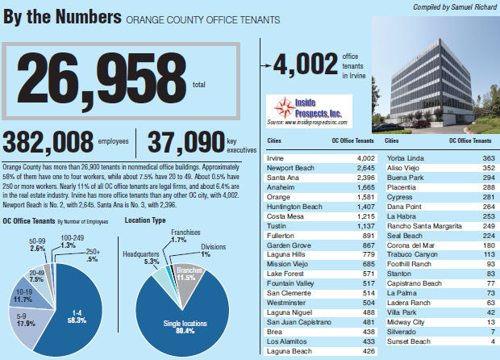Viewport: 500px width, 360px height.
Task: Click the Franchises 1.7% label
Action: [186, 236]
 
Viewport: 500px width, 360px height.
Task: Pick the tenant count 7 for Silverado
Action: [491, 332]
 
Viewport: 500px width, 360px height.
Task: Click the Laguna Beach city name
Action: [289, 351]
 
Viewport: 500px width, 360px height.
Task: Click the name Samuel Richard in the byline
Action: [473, 7]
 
